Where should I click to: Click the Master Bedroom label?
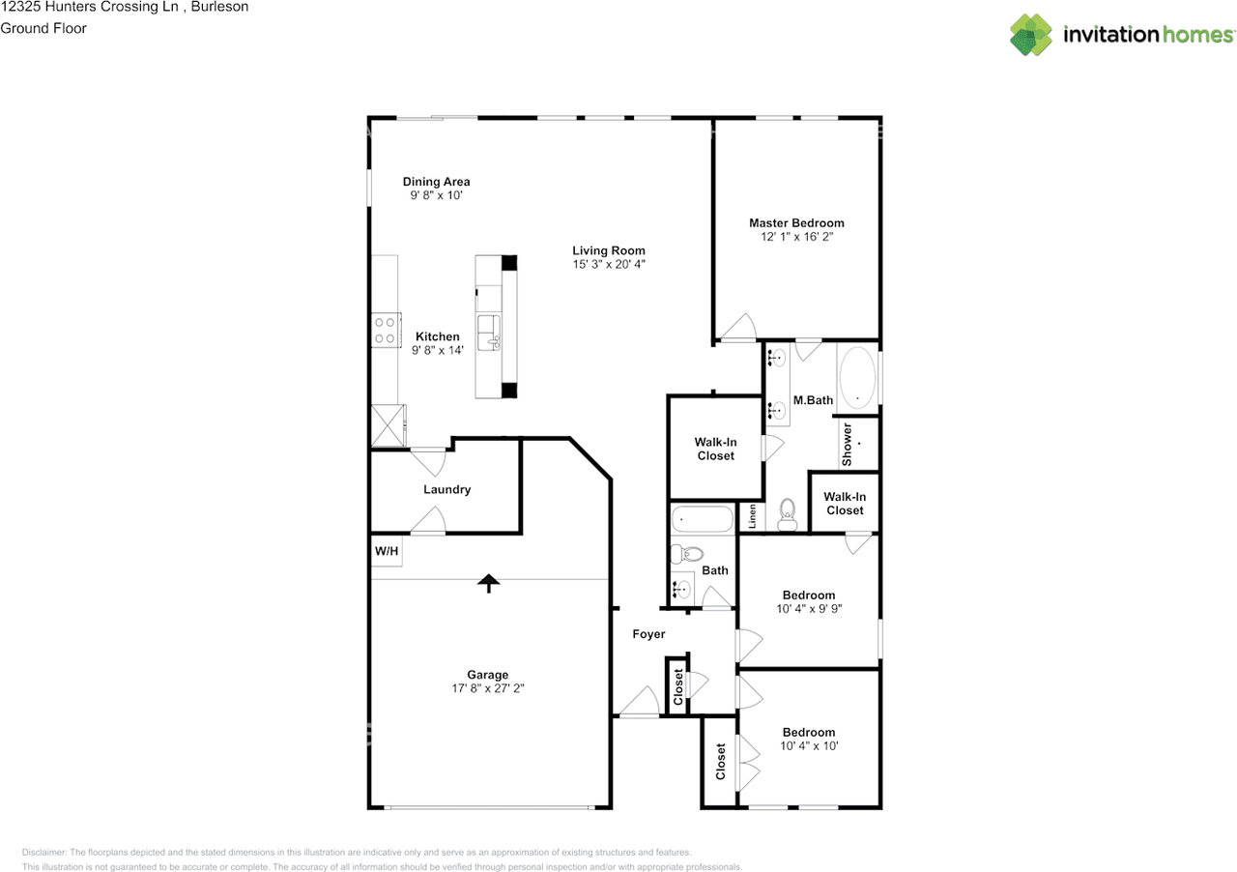(796, 222)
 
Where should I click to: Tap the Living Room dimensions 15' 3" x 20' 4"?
(609, 264)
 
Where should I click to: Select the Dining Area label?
(436, 181)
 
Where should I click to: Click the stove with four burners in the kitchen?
(386, 330)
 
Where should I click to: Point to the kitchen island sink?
(489, 333)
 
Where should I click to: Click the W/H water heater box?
(387, 550)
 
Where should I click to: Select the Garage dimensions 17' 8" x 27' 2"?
(488, 688)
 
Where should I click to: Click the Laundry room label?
(447, 489)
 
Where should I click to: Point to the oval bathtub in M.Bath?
(857, 378)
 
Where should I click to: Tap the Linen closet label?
(752, 516)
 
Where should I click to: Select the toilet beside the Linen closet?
(787, 514)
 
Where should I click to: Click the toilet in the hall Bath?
(686, 553)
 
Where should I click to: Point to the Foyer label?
(648, 634)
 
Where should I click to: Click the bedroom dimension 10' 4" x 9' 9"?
(809, 608)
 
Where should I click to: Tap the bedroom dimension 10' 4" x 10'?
(809, 745)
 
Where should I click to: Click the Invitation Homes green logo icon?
(1031, 34)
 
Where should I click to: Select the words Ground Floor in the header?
(43, 28)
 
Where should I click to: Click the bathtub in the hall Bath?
(702, 519)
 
